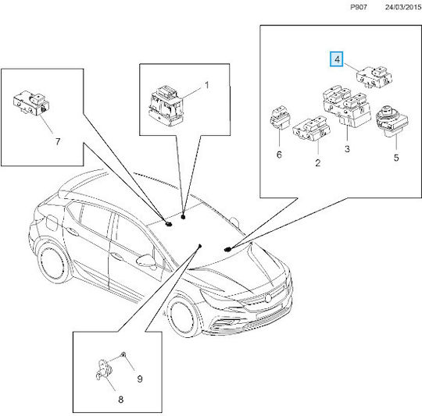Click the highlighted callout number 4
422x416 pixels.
point(337,59)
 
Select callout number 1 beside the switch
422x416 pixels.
point(206,85)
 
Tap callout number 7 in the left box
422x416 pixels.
point(58,141)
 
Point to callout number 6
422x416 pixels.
point(279,155)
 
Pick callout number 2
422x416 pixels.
point(318,163)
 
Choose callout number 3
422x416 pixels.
point(347,148)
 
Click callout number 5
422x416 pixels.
point(396,158)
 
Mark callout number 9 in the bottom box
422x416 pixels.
point(140,379)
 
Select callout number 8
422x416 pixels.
point(121,400)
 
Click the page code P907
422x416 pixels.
point(359,7)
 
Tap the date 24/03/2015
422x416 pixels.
point(403,7)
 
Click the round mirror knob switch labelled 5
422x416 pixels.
point(392,121)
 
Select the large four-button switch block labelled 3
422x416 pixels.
point(347,105)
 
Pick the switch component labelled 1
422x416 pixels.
point(166,105)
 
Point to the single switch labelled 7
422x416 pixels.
point(32,103)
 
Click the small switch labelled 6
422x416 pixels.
point(281,118)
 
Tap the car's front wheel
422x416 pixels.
point(182,318)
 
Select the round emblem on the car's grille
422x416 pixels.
point(268,298)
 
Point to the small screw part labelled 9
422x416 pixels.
point(123,355)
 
